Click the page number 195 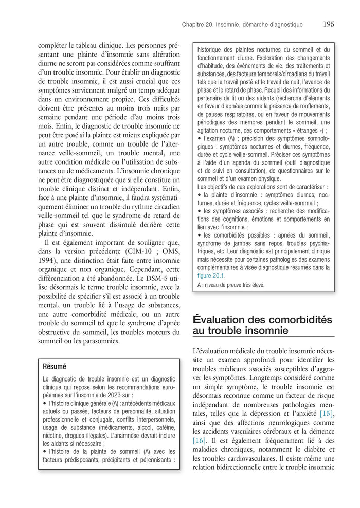(x=329, y=24)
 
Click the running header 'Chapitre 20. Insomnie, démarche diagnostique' (x=242, y=25)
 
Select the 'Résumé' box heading (x=55, y=367)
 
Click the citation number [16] (x=200, y=441)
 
